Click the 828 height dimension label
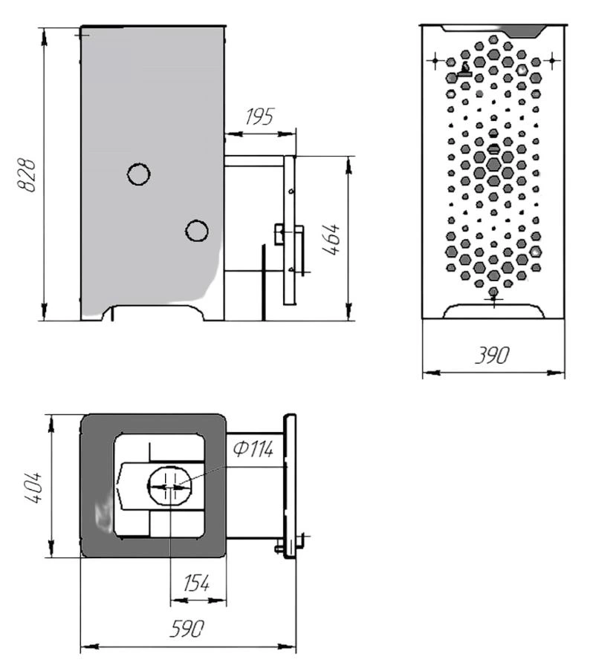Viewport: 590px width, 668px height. pos(28,175)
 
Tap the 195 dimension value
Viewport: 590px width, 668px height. pos(259,117)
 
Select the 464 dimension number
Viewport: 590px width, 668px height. pos(331,239)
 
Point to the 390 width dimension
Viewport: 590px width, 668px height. pos(493,355)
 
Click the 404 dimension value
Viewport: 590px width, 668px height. pos(33,488)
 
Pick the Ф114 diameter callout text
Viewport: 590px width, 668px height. pos(253,449)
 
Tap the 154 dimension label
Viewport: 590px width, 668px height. pos(196,583)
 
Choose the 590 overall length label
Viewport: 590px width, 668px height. pos(187,629)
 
